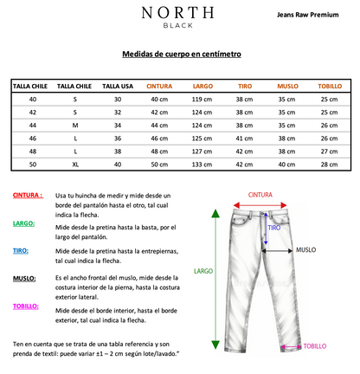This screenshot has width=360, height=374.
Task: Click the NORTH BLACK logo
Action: tap(178, 16)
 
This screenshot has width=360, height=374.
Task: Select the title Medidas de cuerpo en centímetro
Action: tap(182, 53)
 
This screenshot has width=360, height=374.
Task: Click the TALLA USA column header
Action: tap(118, 86)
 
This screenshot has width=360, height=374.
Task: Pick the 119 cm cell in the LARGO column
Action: tap(202, 100)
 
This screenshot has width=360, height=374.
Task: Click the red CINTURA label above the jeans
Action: tap(265, 196)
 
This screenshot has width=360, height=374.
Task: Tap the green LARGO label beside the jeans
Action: tap(202, 270)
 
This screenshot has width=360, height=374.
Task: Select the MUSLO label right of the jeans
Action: tap(307, 249)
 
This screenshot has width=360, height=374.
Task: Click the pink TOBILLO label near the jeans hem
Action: tap(313, 346)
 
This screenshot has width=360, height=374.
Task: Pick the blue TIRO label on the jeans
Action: tap(273, 227)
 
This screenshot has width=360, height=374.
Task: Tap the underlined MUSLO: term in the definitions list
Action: tap(23, 278)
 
